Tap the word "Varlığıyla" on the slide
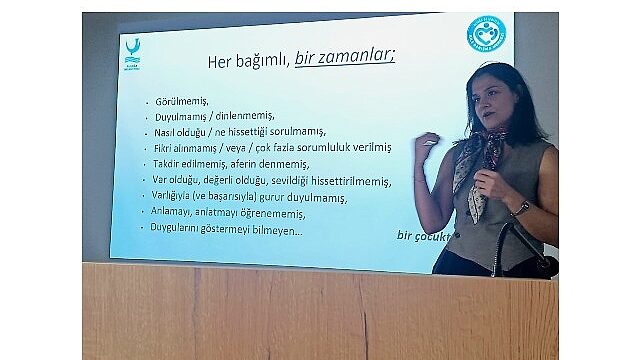click(x=178, y=197)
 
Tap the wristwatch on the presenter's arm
click(x=520, y=208)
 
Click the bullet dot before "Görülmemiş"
click(x=147, y=102)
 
